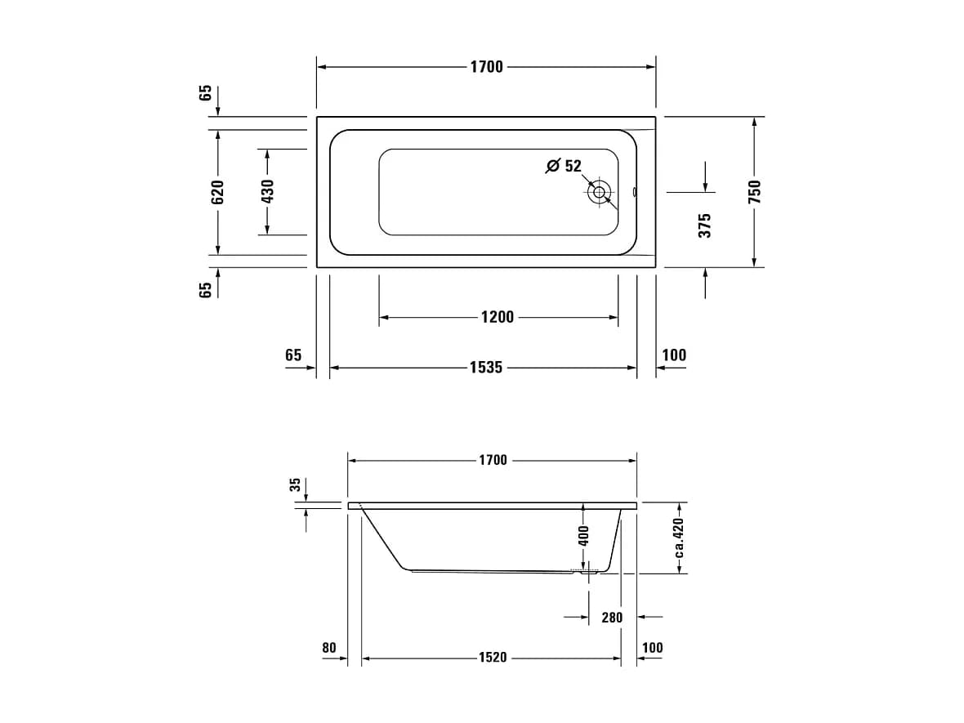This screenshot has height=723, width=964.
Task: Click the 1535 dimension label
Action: click(x=486, y=368)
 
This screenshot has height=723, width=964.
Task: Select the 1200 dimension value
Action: click(x=498, y=317)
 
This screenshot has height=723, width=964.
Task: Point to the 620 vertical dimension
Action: click(x=217, y=193)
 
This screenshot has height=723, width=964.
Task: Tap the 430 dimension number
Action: click(x=267, y=191)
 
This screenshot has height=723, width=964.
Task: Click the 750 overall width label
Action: click(x=754, y=192)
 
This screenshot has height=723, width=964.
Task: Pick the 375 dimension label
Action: click(x=704, y=225)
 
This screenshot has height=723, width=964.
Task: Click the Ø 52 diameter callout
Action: click(x=564, y=165)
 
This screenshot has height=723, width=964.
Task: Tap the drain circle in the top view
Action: click(x=599, y=192)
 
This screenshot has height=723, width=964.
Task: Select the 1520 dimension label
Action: click(x=493, y=657)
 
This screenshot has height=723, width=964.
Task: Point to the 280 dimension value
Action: click(x=612, y=618)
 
